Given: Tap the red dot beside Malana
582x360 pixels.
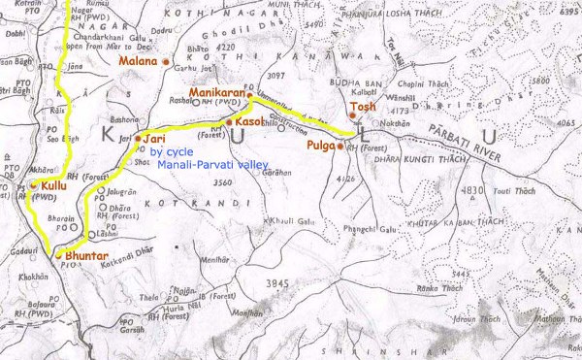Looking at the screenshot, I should point(166,62).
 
